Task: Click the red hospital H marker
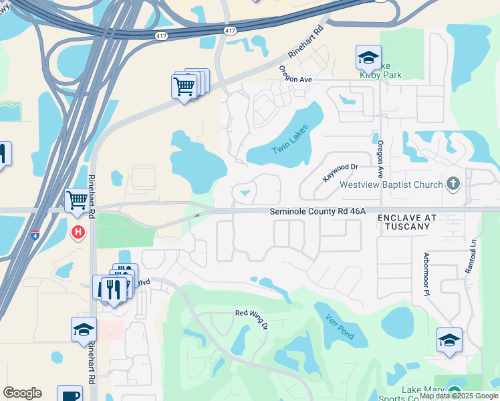78,233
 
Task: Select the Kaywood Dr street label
341,171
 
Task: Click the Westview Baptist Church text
391,184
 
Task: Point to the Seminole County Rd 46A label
318,211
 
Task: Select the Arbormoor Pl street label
425,274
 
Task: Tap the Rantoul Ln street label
471,255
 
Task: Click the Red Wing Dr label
252,318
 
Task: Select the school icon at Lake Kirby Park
368,59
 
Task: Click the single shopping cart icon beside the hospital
78,199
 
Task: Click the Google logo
22,393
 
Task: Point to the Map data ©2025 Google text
459,396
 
